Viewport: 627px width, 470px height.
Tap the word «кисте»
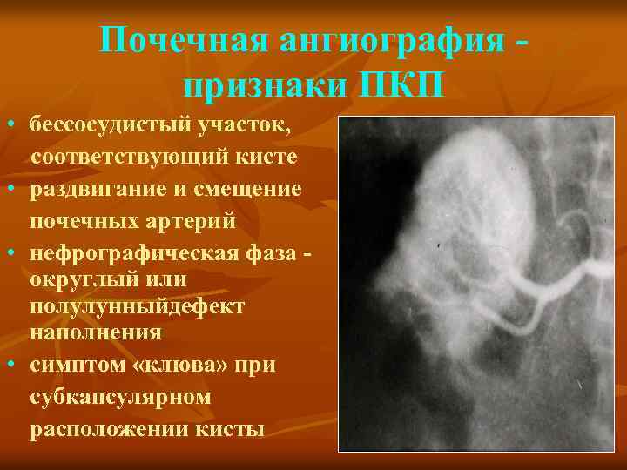(x=269, y=158)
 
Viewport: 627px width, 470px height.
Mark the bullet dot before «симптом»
(x=11, y=365)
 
